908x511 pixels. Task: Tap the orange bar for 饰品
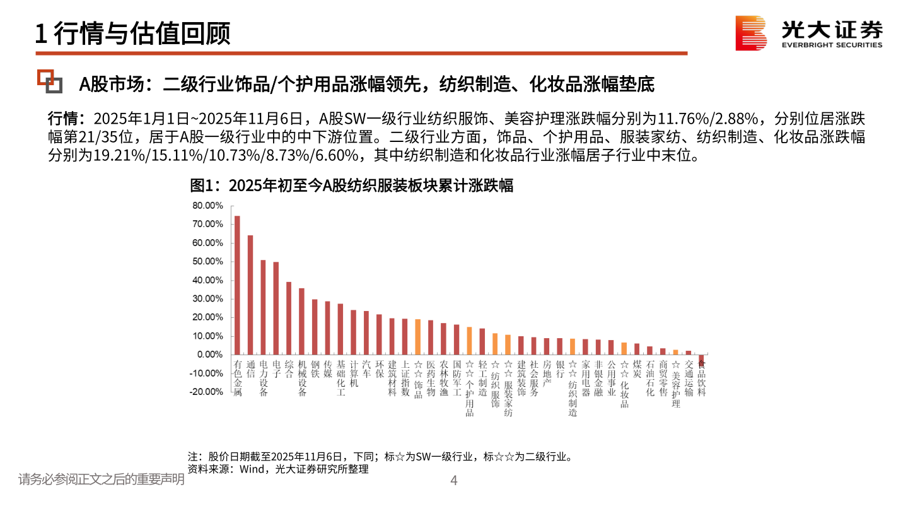(x=417, y=337)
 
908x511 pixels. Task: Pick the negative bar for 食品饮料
(x=701, y=359)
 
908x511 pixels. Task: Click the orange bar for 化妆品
(x=624, y=348)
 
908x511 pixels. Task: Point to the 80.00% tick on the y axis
(x=208, y=206)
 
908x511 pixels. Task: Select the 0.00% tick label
(x=210, y=355)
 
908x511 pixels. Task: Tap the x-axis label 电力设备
(x=263, y=378)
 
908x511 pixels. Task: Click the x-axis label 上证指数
(x=405, y=378)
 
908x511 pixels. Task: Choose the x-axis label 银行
(x=559, y=368)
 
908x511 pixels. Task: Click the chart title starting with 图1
(x=351, y=185)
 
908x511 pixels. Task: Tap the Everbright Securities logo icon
(x=750, y=33)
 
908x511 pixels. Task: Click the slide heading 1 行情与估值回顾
(x=132, y=33)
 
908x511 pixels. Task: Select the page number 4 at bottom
(x=453, y=481)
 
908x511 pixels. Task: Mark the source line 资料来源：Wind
(x=277, y=469)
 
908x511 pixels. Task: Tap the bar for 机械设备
(x=301, y=321)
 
